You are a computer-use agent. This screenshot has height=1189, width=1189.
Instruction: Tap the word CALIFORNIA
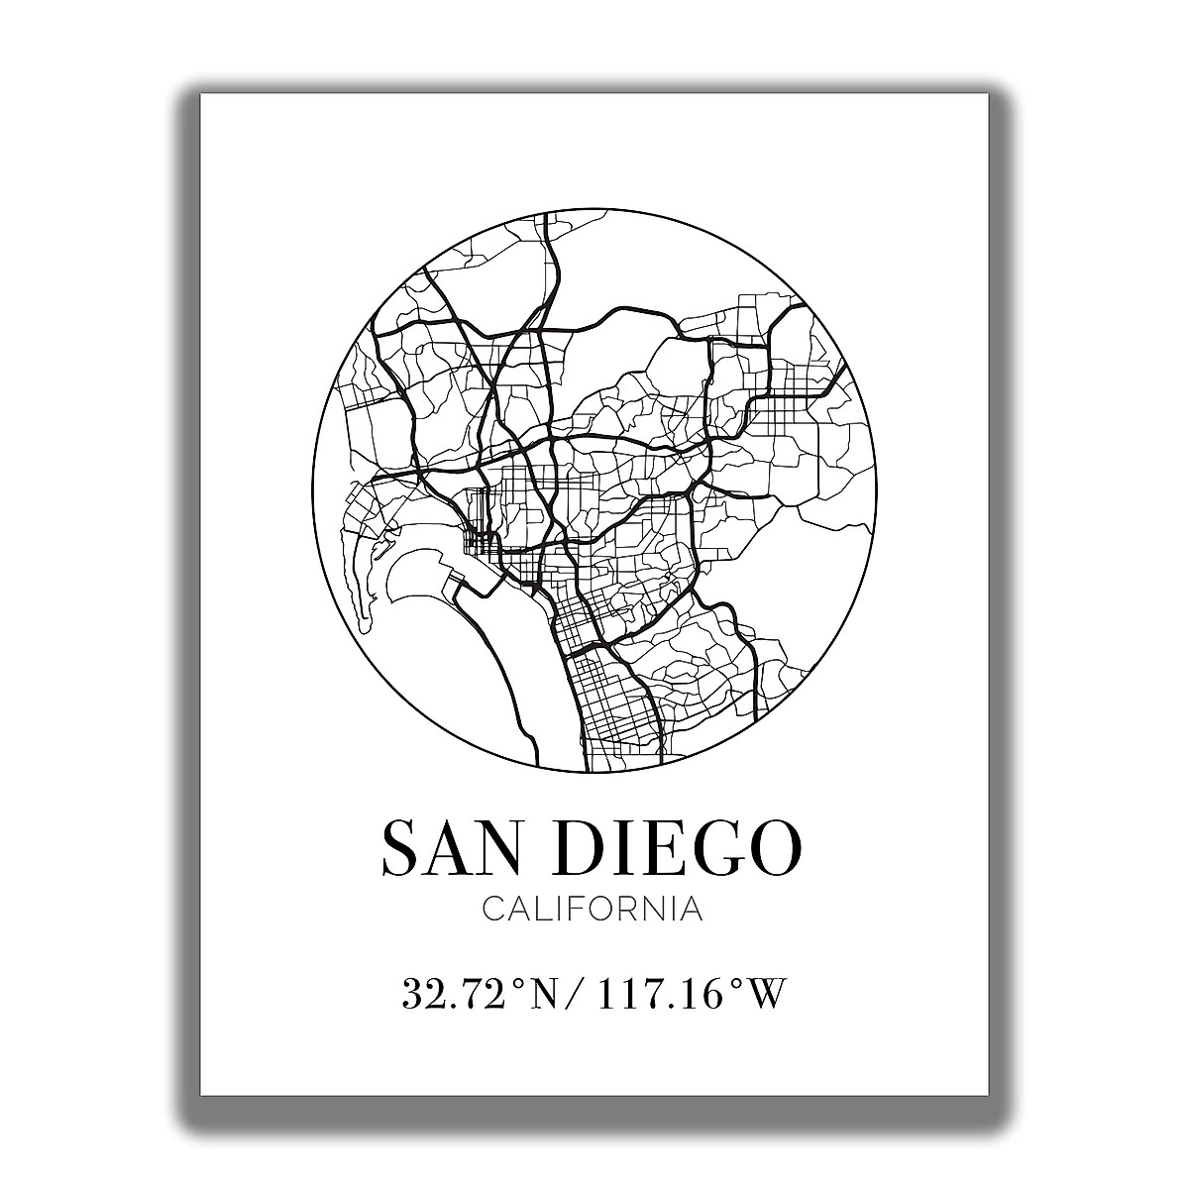[593, 910]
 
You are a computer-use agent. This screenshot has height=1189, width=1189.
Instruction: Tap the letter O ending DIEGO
[772, 848]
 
